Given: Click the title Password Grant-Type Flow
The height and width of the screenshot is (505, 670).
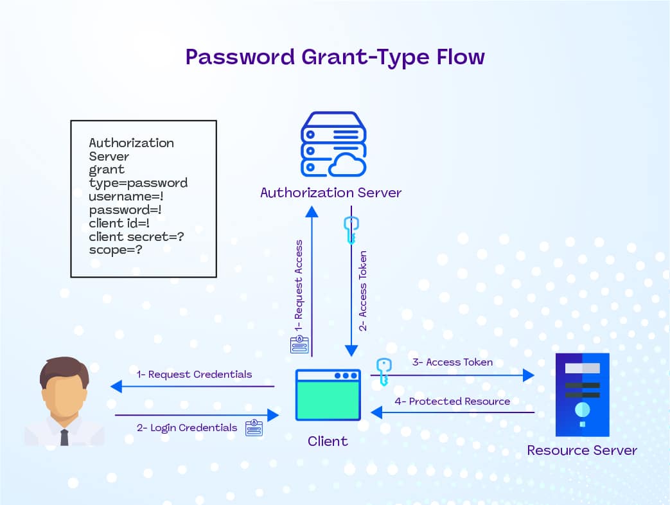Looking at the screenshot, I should (x=335, y=57).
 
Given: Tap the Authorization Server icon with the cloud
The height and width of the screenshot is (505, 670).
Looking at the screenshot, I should (x=334, y=145).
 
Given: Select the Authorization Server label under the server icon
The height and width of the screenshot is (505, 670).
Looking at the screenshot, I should (x=331, y=193).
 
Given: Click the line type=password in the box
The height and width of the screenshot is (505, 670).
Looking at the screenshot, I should (x=138, y=183).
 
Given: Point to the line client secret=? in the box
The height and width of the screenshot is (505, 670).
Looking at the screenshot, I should (x=137, y=237).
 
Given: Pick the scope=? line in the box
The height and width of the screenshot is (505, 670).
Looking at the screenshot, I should (x=116, y=250).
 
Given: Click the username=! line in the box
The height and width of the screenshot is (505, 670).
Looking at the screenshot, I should (x=126, y=197).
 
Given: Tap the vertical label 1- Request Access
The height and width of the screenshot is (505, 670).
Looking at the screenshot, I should (x=299, y=285).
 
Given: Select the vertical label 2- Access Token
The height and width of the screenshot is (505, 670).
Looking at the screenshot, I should (x=363, y=291).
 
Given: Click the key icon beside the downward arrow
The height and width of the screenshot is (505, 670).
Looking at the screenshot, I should (x=351, y=230).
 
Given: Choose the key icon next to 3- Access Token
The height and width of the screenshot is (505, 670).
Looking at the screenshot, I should (x=383, y=371).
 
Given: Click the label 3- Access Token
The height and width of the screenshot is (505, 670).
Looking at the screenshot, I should (x=452, y=362).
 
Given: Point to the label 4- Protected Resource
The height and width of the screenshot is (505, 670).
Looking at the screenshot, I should (x=452, y=402).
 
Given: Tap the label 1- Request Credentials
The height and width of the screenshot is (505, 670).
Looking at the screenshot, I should (x=194, y=374).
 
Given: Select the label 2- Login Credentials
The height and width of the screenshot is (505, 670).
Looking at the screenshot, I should (x=187, y=428).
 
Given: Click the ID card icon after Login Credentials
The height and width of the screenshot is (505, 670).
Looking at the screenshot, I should (x=254, y=428).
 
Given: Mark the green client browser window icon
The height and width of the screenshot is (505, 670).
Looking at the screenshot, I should (x=328, y=395).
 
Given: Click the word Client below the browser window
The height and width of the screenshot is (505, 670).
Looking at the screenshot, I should (x=328, y=441).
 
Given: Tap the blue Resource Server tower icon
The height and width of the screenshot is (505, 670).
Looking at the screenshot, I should (x=582, y=394).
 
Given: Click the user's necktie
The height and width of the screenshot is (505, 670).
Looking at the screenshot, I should (x=64, y=438).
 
